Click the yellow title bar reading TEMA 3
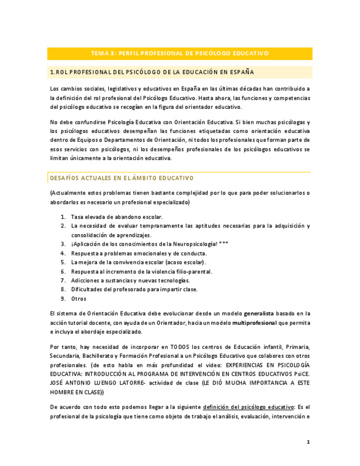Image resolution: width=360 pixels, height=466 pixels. click(180, 53)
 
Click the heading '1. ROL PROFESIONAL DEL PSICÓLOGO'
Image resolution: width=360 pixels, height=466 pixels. click(152, 72)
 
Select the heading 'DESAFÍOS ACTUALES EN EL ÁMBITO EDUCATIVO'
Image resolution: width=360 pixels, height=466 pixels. click(121, 178)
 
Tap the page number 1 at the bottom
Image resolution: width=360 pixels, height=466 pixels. click(308, 442)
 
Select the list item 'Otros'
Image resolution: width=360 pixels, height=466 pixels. click(79, 298)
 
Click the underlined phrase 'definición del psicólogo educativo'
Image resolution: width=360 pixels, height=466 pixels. click(248, 407)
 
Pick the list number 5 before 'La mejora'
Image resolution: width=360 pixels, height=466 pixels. click(63, 262)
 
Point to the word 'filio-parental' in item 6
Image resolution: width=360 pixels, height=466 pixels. click(193, 271)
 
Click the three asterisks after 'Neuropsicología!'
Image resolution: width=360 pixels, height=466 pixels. click(224, 244)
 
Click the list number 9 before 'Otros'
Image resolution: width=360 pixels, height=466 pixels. click(63, 298)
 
